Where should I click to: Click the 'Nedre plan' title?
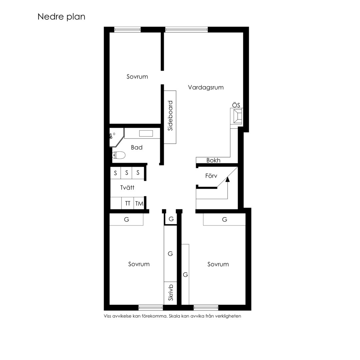(61, 17)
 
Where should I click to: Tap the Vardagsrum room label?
(206, 87)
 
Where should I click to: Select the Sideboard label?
(170, 116)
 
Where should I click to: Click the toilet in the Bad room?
(119, 155)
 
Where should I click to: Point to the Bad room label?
(137, 147)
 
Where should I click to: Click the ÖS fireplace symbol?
(237, 116)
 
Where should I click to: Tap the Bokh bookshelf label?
(213, 160)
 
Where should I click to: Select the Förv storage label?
(211, 176)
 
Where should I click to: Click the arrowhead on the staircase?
(228, 179)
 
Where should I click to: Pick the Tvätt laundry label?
(127, 188)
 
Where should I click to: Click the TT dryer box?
(127, 203)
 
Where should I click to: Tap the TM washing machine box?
(139, 203)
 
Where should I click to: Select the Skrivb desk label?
(170, 293)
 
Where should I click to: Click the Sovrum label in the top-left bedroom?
(137, 76)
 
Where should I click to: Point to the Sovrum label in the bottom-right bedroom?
(218, 264)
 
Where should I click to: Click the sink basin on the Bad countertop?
(146, 133)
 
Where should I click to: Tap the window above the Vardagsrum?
(186, 29)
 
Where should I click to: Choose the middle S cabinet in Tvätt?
(127, 173)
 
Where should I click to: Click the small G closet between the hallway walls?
(171, 219)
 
